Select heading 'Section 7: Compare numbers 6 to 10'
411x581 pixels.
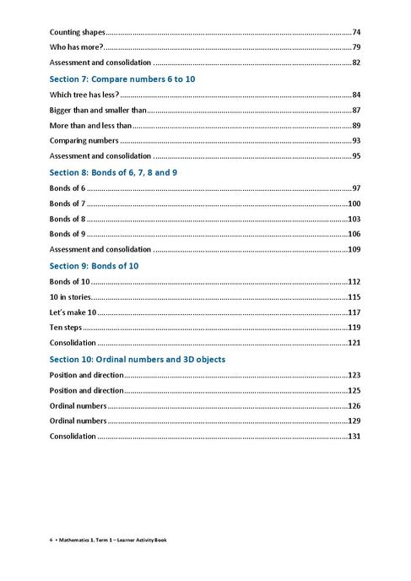click(129, 78)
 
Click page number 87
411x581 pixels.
click(357, 110)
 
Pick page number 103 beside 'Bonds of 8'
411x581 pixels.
click(354, 219)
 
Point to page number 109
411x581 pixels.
click(354, 250)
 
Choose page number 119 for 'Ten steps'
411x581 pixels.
click(354, 328)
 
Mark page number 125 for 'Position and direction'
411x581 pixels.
click(354, 390)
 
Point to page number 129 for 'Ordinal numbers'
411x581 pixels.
click(354, 421)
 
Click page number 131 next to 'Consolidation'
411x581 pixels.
click(354, 437)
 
